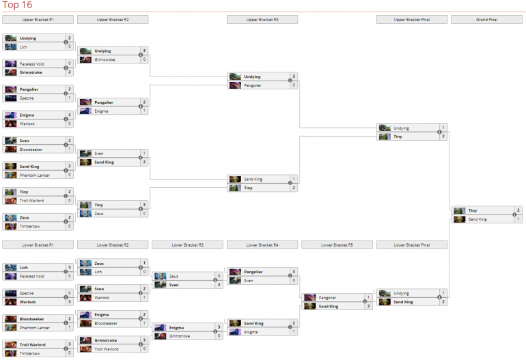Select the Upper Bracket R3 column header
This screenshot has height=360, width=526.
point(262,20)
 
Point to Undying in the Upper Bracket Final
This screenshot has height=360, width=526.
point(402,128)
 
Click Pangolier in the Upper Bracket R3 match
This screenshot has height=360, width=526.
point(253,85)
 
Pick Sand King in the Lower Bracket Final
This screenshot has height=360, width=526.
point(404,301)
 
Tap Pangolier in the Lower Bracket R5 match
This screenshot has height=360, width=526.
point(329,297)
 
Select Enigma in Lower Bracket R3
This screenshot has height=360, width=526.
point(177,327)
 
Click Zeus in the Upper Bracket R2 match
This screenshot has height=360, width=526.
point(99,213)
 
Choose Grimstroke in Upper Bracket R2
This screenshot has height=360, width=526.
point(105,59)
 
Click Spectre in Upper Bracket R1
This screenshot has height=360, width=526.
point(27,98)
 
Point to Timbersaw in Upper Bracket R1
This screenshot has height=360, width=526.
point(29,226)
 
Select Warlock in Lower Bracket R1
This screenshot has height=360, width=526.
point(28,301)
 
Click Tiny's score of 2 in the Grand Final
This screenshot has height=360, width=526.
point(518,210)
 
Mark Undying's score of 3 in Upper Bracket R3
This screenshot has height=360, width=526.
point(294,77)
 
